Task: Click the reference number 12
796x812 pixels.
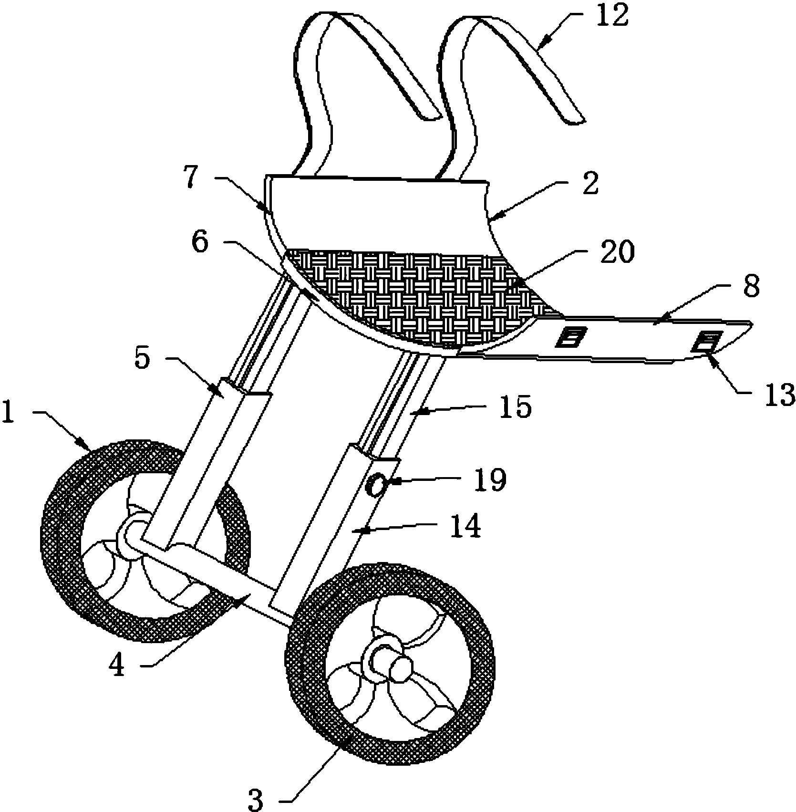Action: [x=614, y=15]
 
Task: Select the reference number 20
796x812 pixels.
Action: [x=618, y=252]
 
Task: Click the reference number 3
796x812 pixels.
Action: [x=256, y=800]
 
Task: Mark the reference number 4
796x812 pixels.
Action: [x=117, y=666]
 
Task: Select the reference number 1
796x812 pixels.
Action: [x=9, y=413]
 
